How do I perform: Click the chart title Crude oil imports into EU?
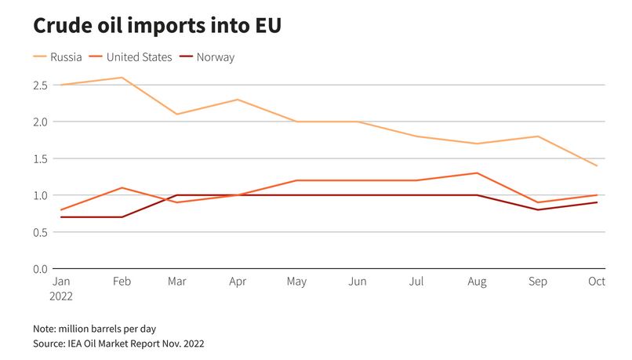coord(157,26)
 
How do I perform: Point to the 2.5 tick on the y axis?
coord(40,85)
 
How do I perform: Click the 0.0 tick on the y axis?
coord(40,269)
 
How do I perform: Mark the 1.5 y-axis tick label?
coord(40,158)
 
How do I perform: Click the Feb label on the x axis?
coord(121,282)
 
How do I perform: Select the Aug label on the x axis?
coord(478,282)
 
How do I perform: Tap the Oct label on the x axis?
coord(597,282)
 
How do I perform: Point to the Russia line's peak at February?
coord(121,78)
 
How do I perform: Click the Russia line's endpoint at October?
coord(597,165)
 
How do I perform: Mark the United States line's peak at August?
coord(478,173)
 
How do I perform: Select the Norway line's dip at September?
coord(537,210)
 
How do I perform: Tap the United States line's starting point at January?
coord(61,210)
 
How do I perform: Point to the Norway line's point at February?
coord(121,217)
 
